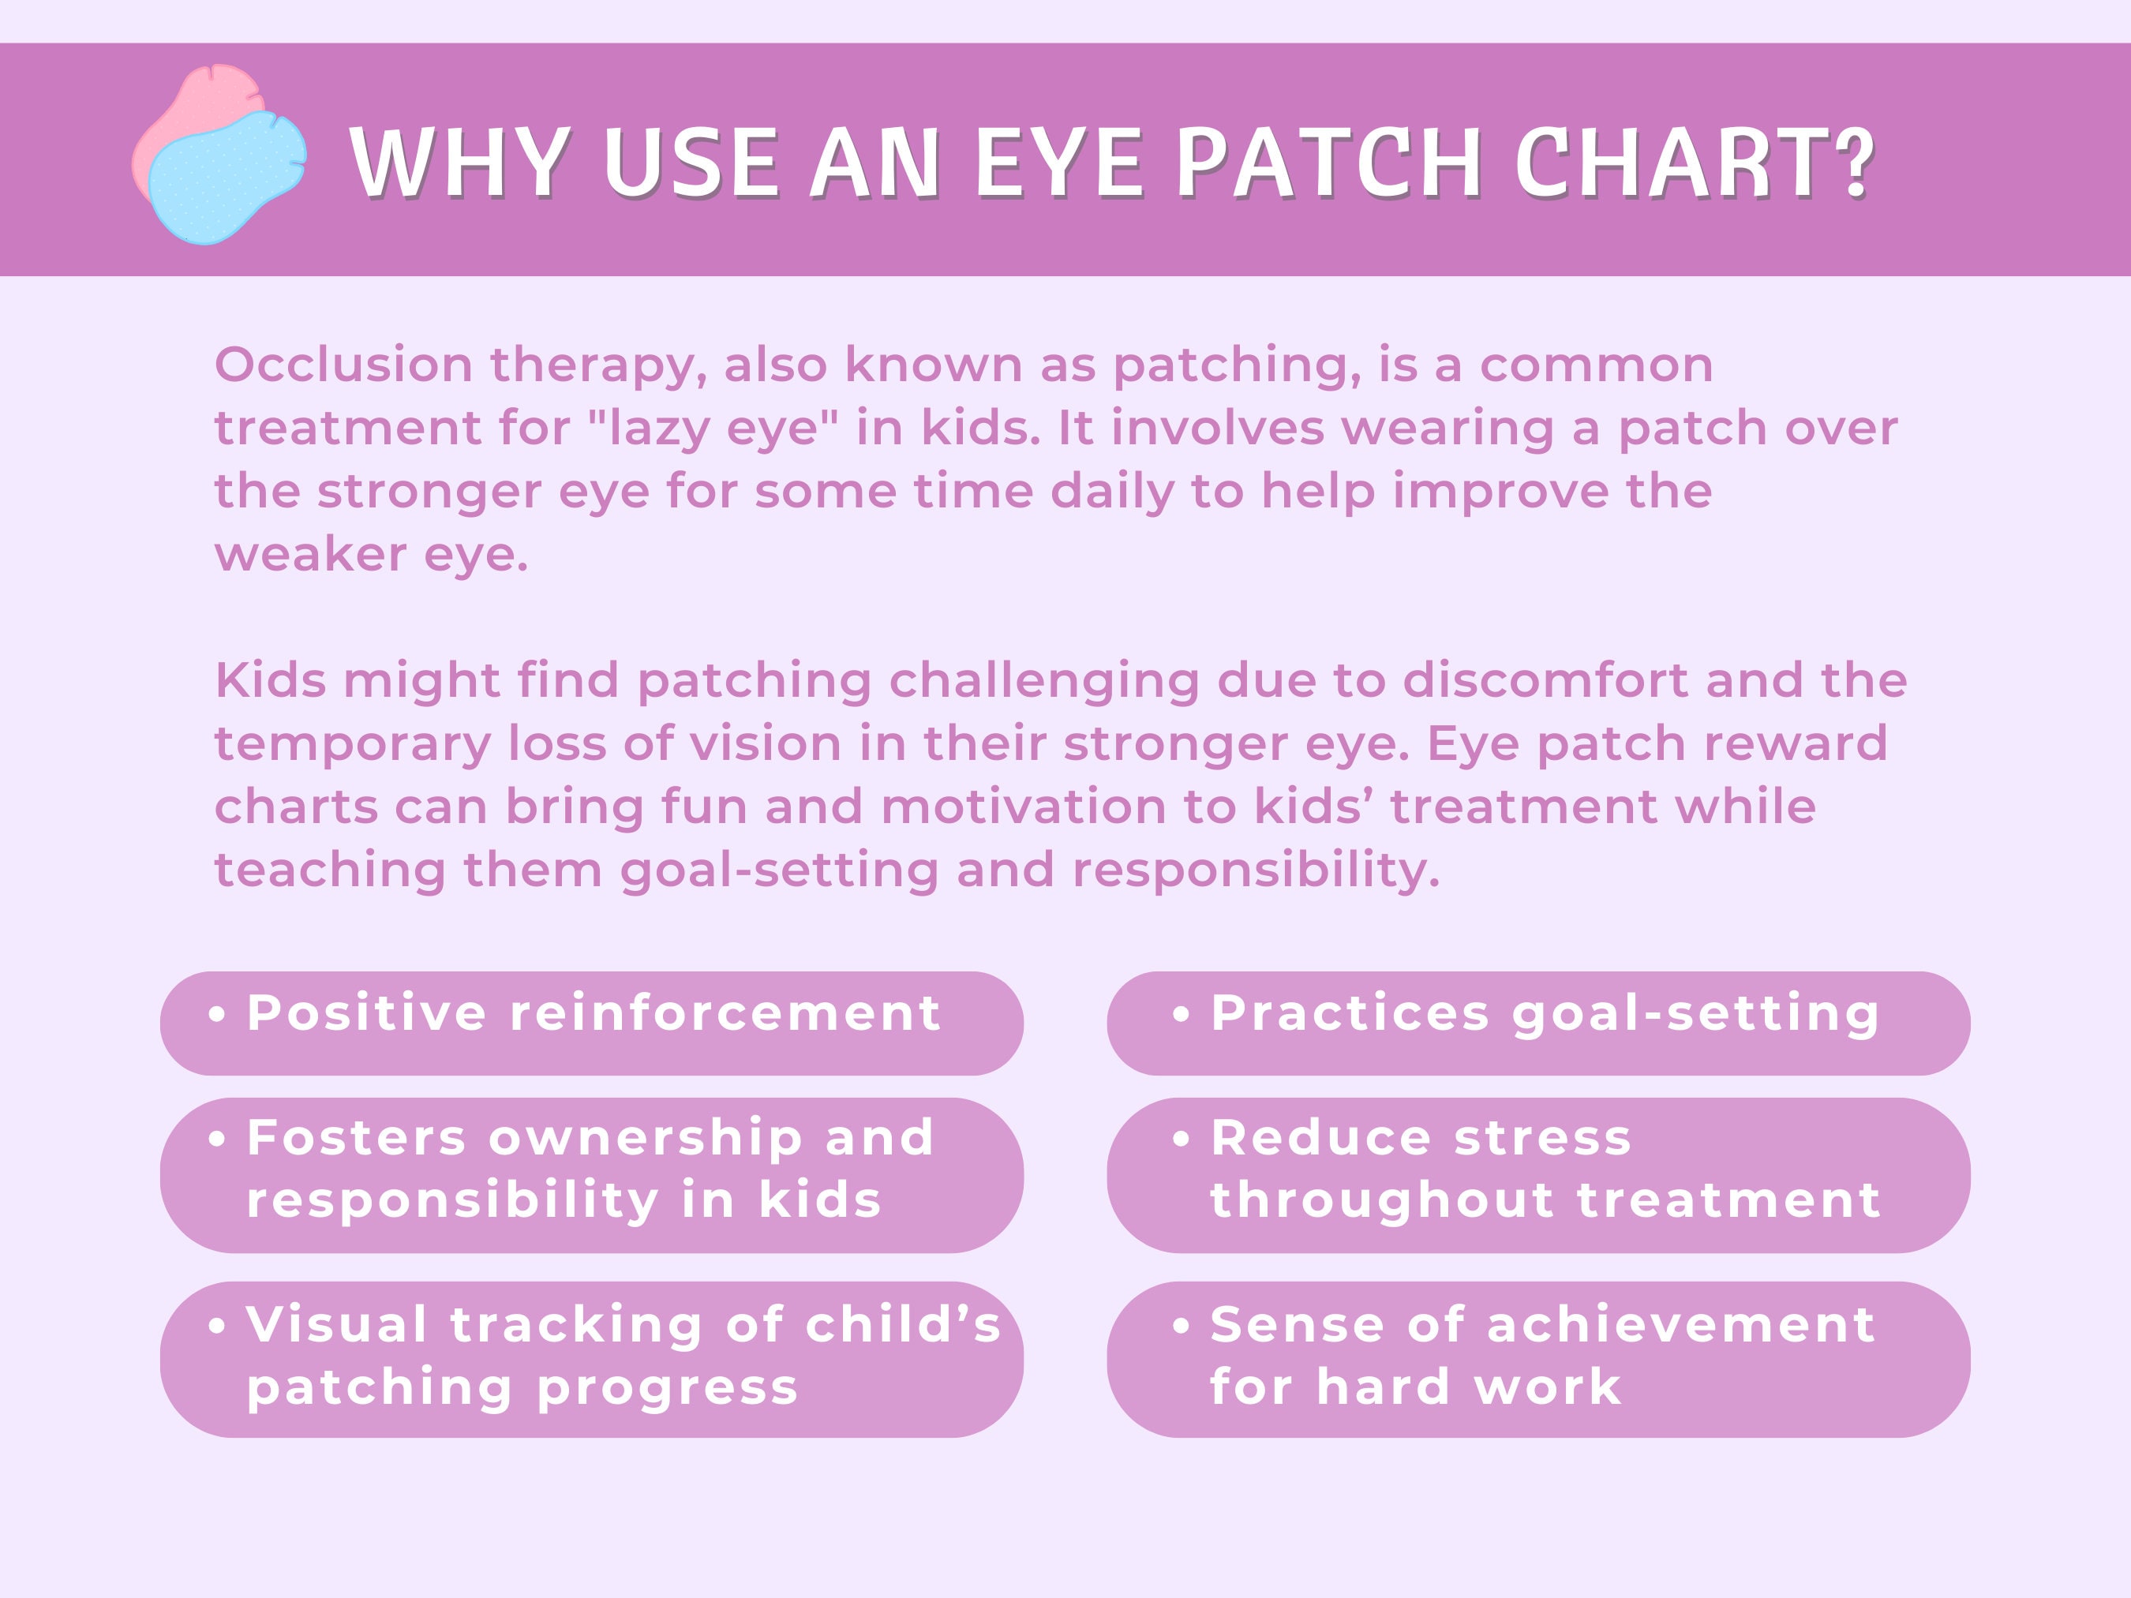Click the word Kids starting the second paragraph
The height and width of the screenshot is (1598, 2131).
pyautogui.click(x=270, y=680)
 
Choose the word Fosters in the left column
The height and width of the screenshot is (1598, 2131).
pyautogui.click(x=358, y=1138)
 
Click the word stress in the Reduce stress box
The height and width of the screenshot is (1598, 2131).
pyautogui.click(x=1542, y=1138)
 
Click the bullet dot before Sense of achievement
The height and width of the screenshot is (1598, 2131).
pyautogui.click(x=1181, y=1327)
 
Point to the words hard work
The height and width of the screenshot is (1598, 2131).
pyautogui.click(x=1468, y=1387)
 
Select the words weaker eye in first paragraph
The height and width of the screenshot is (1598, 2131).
pyautogui.click(x=371, y=555)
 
